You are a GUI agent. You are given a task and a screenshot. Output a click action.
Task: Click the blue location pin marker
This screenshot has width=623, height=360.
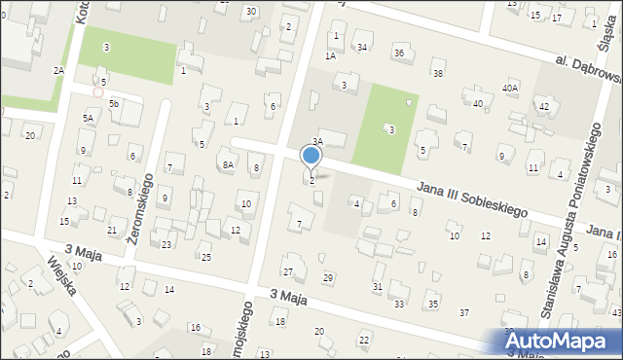[x=311, y=156]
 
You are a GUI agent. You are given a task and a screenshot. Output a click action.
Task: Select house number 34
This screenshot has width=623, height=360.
[x=362, y=47]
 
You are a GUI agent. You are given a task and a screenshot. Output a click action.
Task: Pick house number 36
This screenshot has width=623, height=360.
[x=399, y=52]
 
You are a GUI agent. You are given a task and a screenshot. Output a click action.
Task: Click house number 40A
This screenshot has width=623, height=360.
[x=510, y=88]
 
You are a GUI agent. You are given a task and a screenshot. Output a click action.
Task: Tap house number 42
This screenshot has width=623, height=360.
[x=544, y=105]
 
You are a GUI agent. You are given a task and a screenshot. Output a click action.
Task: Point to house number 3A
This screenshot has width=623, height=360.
[x=317, y=142]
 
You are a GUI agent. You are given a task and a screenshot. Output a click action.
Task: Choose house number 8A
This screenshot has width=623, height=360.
[x=228, y=165]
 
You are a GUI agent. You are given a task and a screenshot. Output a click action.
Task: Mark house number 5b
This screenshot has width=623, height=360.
[x=114, y=103]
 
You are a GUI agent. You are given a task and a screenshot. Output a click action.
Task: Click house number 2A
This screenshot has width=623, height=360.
[x=58, y=70]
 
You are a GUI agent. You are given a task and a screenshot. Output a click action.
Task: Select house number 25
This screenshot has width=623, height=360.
[x=205, y=257]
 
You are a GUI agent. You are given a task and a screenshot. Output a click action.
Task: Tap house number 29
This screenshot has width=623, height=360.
[x=328, y=278]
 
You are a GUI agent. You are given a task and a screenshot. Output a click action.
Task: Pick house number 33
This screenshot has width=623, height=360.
[x=399, y=305]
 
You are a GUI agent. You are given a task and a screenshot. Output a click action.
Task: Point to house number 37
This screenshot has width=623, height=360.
[x=464, y=311]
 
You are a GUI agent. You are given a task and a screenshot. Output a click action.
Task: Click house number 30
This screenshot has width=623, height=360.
[x=250, y=11]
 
